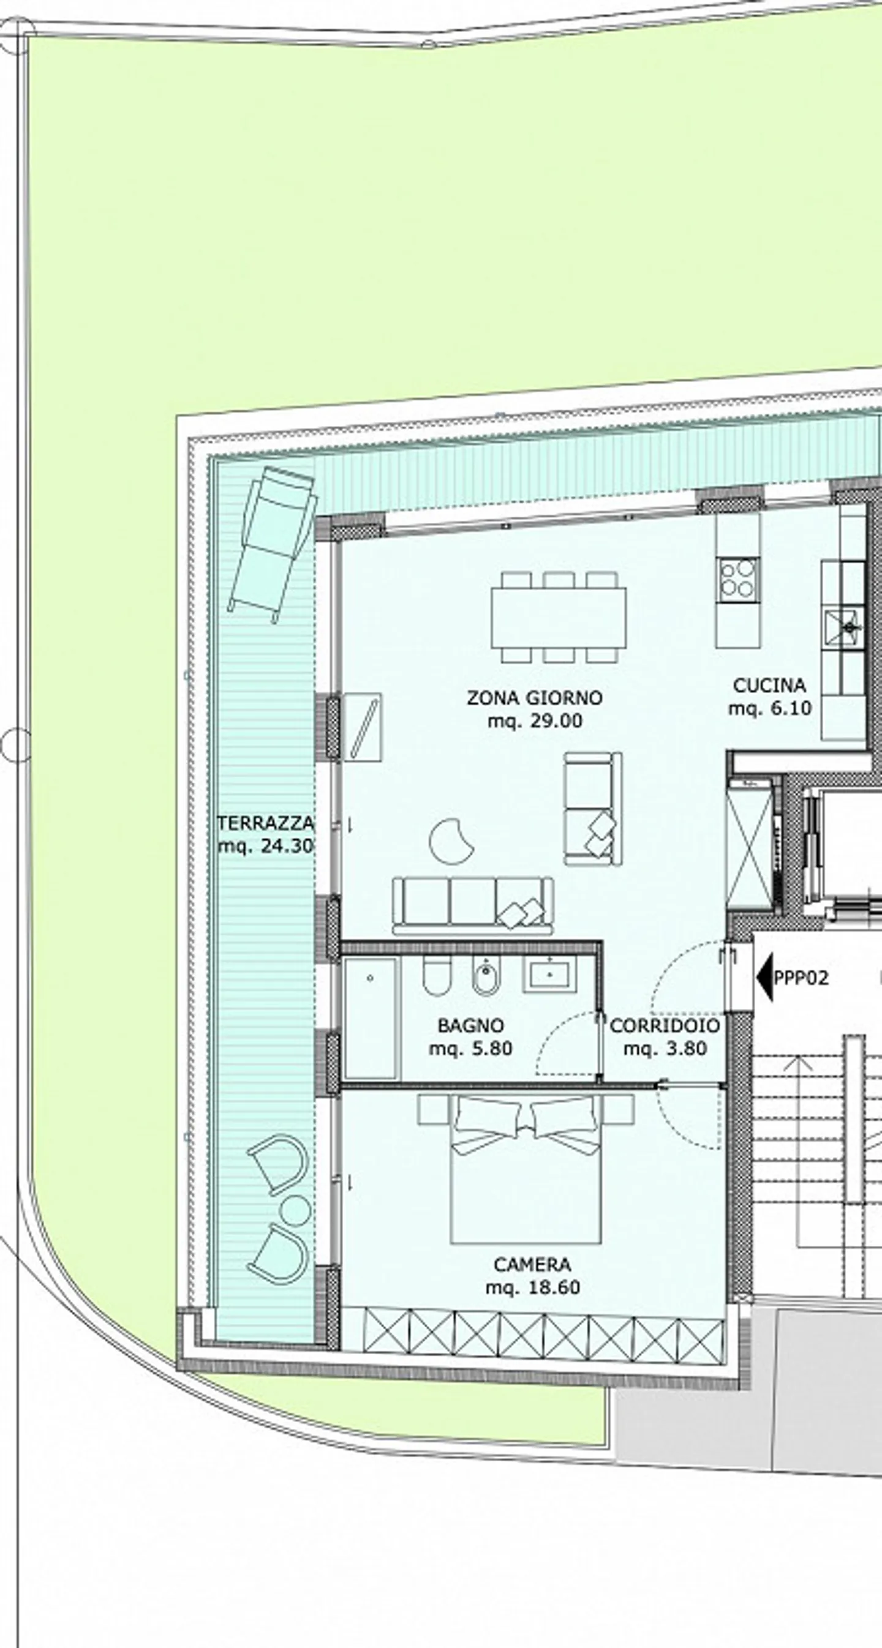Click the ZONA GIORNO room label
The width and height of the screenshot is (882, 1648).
[535, 697]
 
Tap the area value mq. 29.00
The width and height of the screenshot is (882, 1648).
[535, 721]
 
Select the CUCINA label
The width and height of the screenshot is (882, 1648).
[769, 685]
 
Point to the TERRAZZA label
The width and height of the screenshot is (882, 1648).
[266, 822]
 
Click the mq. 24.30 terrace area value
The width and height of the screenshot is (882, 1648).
[266, 846]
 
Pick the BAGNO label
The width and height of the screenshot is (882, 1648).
[470, 1025]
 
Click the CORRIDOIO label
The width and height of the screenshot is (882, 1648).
[665, 1025]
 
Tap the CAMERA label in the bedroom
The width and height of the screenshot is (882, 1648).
[532, 1264]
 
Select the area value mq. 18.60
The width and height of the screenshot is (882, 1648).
[532, 1287]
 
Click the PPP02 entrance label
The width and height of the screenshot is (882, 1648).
[801, 978]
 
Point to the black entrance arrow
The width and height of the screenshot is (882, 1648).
[764, 977]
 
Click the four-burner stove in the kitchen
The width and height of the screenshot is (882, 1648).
[737, 579]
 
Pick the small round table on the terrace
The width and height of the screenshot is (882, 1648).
[295, 1210]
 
